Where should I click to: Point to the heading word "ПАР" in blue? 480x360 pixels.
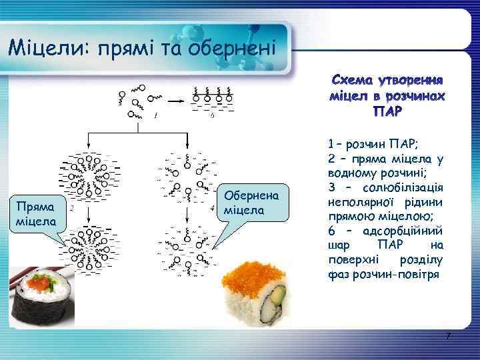pos(387,111)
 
